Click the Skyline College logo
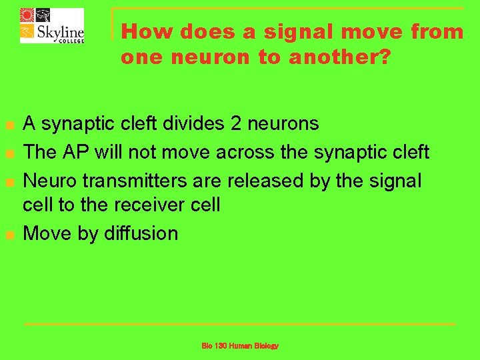[x=52, y=25]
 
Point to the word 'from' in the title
[x=437, y=31]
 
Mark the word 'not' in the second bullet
[x=145, y=152]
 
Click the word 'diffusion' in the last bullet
[x=141, y=233]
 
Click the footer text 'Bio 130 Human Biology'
[x=240, y=346]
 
